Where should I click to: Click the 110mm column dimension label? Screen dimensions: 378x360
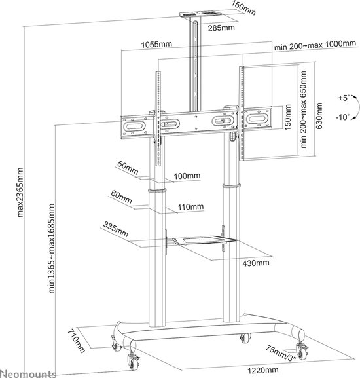pos(191,208)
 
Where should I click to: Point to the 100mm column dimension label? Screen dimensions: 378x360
pos(187,177)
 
